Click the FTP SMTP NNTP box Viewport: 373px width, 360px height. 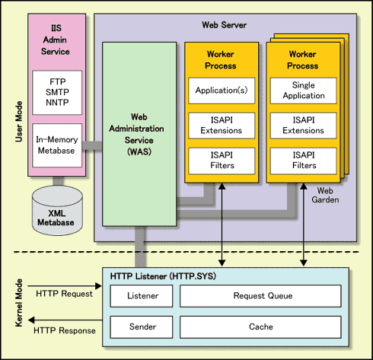(x=57, y=92)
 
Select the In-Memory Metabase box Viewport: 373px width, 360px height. (x=57, y=145)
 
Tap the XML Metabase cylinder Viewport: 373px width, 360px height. (x=57, y=211)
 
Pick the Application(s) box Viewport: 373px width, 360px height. (x=222, y=91)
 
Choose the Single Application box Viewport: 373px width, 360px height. (x=303, y=91)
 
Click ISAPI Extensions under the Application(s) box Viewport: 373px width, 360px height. (x=222, y=126)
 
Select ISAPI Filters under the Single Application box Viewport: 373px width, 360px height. (x=303, y=161)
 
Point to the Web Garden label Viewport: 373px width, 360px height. (x=325, y=195)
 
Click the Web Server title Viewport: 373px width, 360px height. (x=225, y=25)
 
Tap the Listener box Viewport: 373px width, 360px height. (x=142, y=296)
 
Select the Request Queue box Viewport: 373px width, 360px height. (x=260, y=296)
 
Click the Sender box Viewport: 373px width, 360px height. (x=142, y=327)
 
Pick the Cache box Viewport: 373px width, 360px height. (x=260, y=327)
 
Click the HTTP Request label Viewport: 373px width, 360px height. (x=64, y=294)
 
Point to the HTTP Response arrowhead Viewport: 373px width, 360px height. (x=31, y=320)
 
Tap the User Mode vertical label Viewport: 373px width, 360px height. (x=18, y=122)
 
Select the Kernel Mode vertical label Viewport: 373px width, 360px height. (x=18, y=303)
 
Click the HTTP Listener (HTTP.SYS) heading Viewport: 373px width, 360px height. (x=163, y=276)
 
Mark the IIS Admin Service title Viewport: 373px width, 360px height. (x=56, y=40)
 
